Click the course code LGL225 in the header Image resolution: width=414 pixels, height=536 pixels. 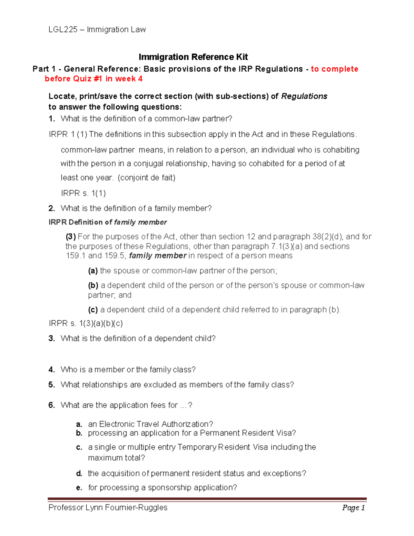pos(63,30)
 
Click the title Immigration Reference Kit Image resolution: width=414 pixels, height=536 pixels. pos(193,57)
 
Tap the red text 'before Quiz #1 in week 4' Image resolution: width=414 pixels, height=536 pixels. pos(93,79)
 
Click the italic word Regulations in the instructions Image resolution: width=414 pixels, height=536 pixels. pos(304,96)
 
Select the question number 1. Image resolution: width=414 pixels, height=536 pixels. pos(51,119)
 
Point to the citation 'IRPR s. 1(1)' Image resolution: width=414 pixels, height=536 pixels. pos(83,193)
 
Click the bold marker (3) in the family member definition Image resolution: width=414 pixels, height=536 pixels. pos(70,237)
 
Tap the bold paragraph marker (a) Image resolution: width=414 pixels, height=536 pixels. pos(93,271)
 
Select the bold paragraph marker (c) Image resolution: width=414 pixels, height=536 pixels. pos(93,310)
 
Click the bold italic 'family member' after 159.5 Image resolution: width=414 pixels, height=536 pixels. pos(158,256)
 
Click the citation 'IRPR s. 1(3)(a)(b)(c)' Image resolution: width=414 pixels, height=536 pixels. pos(86,323)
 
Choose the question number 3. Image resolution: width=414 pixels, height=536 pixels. pos(51,339)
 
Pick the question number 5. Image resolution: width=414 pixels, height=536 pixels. pos(51,385)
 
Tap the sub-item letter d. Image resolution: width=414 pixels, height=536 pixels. pos(79,474)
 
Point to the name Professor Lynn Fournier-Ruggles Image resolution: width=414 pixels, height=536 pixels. pos(108,508)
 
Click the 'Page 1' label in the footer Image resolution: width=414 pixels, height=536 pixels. pos(353,508)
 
